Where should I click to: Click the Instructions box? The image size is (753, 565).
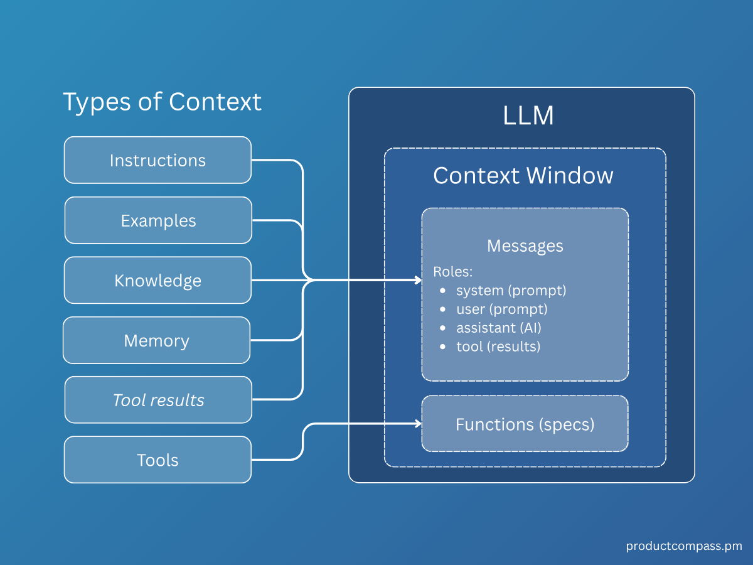158,160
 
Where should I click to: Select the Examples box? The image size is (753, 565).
158,220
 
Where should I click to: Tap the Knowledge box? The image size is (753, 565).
158,280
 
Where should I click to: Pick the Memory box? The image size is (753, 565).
156,340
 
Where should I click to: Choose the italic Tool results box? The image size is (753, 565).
158,400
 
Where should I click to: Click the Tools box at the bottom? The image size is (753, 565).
158,460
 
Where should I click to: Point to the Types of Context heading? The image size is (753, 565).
162,102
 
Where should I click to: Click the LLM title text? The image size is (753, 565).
528,116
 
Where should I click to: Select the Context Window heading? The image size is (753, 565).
523,175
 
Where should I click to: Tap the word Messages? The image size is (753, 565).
525,245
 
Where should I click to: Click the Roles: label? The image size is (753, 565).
453,272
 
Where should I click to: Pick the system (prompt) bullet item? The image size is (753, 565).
511,291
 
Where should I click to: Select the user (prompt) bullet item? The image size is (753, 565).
501,309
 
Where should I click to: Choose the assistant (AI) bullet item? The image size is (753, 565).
498,328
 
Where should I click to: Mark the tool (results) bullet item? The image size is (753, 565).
498,346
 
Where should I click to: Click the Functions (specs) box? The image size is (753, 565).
525,424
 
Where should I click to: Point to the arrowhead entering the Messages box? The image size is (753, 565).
418,280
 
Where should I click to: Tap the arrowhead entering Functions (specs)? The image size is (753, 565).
418,424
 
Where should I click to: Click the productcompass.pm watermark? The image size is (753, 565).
683,546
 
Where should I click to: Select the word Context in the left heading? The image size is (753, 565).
215,102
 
